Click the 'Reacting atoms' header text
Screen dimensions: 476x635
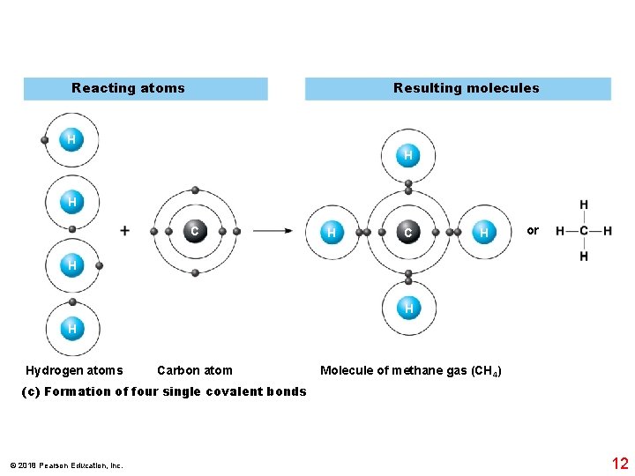(128, 88)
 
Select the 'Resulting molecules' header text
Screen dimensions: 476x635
(466, 88)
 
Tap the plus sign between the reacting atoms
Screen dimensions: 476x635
(124, 231)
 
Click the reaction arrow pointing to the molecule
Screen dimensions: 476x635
(273, 231)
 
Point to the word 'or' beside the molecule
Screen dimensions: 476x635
(533, 230)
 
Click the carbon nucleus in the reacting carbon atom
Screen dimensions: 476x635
(195, 231)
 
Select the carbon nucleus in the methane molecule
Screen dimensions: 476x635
(407, 233)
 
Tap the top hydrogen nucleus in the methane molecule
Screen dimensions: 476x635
(407, 156)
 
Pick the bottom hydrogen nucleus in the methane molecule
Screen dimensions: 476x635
(408, 309)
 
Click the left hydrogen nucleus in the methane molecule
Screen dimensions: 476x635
(331, 233)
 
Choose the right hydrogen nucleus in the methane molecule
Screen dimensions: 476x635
(483, 233)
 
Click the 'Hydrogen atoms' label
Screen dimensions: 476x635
(74, 370)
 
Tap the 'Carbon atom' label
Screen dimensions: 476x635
(194, 370)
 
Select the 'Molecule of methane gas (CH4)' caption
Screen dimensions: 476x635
(411, 371)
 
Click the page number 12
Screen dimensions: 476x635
(619, 464)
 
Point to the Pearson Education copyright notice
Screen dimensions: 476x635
(66, 465)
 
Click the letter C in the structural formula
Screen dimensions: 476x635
(584, 231)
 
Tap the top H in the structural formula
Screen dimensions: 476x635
(584, 205)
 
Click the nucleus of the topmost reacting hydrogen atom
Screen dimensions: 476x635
(71, 139)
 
